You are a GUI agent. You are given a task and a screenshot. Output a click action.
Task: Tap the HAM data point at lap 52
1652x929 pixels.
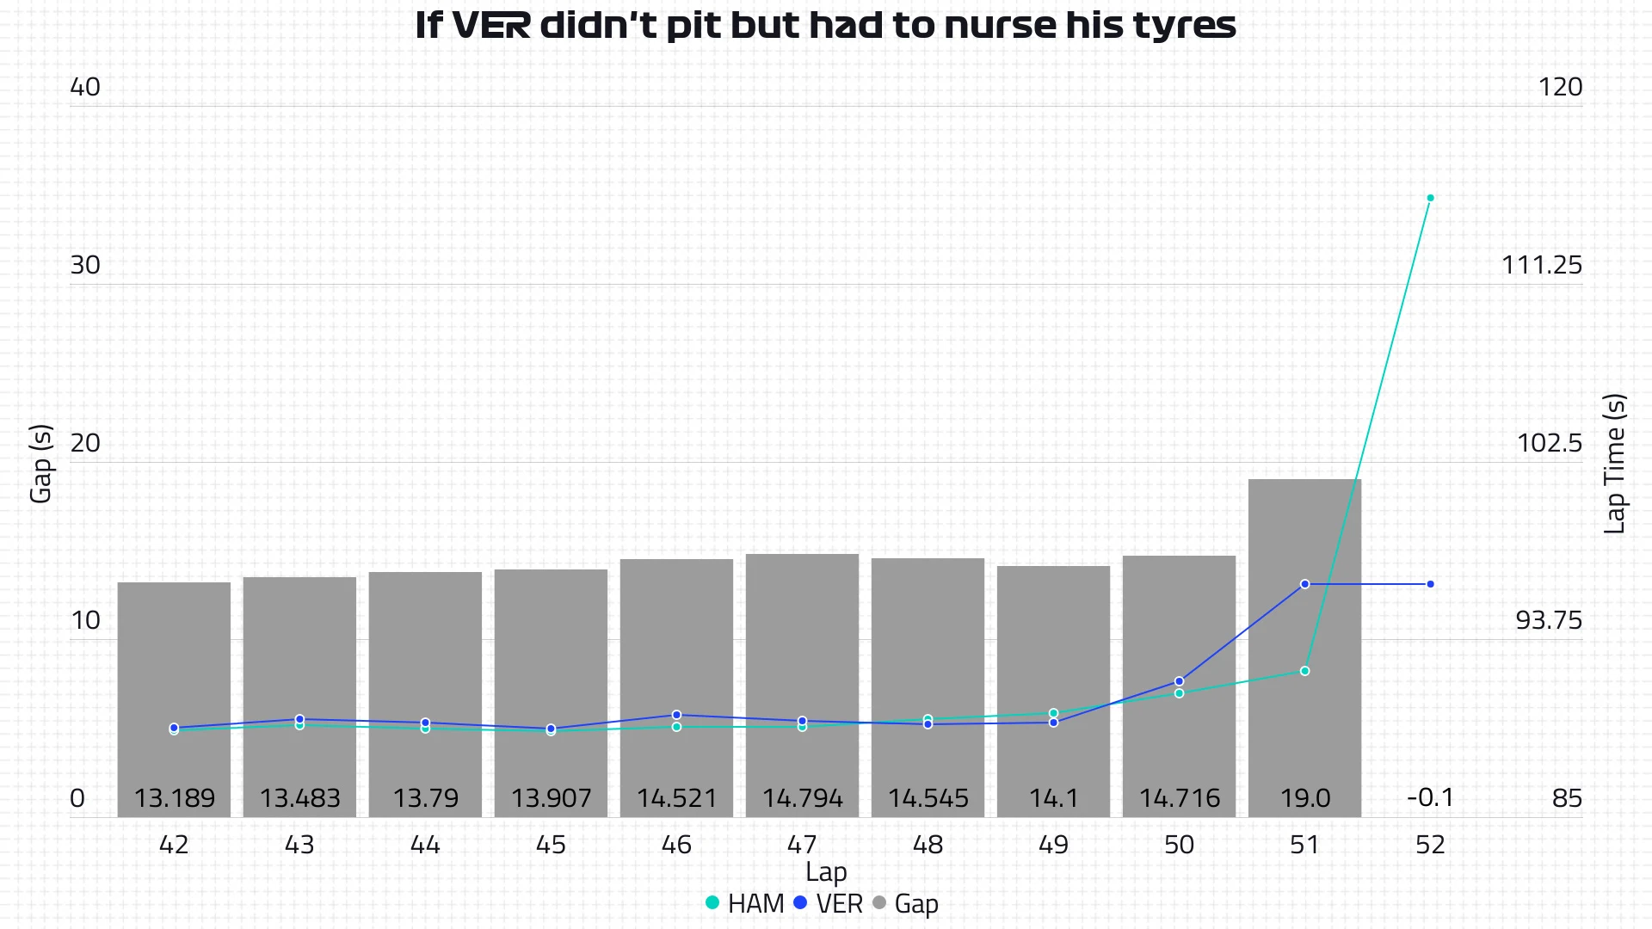tap(1430, 198)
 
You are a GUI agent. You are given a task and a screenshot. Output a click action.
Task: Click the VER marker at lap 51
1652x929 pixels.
tap(1304, 584)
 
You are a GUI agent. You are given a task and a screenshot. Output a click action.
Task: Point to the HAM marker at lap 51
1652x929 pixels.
tap(1304, 671)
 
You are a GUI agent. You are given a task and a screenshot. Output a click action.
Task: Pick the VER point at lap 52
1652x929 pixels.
tap(1430, 584)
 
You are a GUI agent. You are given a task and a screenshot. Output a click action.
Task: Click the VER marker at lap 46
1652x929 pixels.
tap(676, 715)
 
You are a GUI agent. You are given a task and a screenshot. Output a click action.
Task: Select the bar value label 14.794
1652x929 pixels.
tap(802, 798)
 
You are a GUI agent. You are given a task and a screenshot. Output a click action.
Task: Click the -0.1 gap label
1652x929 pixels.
tap(1430, 797)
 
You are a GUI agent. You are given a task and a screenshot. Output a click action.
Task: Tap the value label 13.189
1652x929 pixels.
tap(174, 798)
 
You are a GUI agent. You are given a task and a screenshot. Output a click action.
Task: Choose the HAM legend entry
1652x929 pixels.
tap(744, 903)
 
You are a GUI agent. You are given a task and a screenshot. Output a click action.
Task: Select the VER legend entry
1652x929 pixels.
tap(828, 903)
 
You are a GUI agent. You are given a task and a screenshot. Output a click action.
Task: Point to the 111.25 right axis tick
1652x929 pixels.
tap(1541, 265)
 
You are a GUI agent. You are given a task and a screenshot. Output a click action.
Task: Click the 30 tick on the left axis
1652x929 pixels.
tap(85, 265)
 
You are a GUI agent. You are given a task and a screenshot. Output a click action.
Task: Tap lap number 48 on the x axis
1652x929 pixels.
tap(928, 845)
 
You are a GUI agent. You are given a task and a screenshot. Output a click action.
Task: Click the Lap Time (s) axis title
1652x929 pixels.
tap(1614, 464)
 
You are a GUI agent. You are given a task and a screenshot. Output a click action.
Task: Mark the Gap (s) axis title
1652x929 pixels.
tap(40, 464)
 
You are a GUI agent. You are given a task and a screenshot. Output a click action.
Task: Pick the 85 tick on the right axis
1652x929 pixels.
tap(1567, 798)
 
